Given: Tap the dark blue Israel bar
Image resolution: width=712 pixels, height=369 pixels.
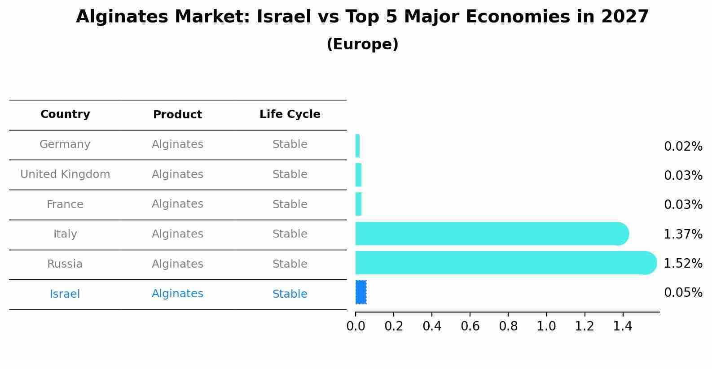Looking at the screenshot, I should (361, 292).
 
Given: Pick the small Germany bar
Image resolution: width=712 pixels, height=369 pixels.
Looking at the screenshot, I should (358, 146).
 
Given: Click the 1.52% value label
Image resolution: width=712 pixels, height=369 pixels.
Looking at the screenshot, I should (683, 263).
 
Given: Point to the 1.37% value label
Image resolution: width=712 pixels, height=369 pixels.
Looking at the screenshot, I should (683, 234).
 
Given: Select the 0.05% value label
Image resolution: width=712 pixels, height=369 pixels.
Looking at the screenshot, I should (683, 293).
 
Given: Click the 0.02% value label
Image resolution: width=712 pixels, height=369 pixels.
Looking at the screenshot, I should (683, 147).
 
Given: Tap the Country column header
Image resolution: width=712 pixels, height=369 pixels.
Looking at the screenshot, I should (65, 114).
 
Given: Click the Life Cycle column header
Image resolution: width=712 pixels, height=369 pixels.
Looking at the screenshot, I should (290, 114).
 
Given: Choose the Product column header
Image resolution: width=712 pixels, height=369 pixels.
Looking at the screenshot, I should (177, 115).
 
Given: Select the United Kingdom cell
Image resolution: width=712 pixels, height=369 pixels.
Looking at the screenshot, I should (65, 174).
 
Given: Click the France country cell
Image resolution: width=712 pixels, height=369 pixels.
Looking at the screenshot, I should (65, 204).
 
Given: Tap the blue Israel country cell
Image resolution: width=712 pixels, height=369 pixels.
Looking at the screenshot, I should (65, 294).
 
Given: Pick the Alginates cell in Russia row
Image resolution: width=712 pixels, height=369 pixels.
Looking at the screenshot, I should (177, 264).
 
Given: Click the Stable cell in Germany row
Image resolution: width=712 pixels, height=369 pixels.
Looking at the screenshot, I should (290, 144).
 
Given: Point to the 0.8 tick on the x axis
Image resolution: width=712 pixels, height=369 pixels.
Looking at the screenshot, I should (508, 326).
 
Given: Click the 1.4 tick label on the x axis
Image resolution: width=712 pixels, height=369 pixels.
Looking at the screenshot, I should (623, 326).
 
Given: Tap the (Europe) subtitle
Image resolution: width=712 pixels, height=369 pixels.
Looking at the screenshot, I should (362, 44).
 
